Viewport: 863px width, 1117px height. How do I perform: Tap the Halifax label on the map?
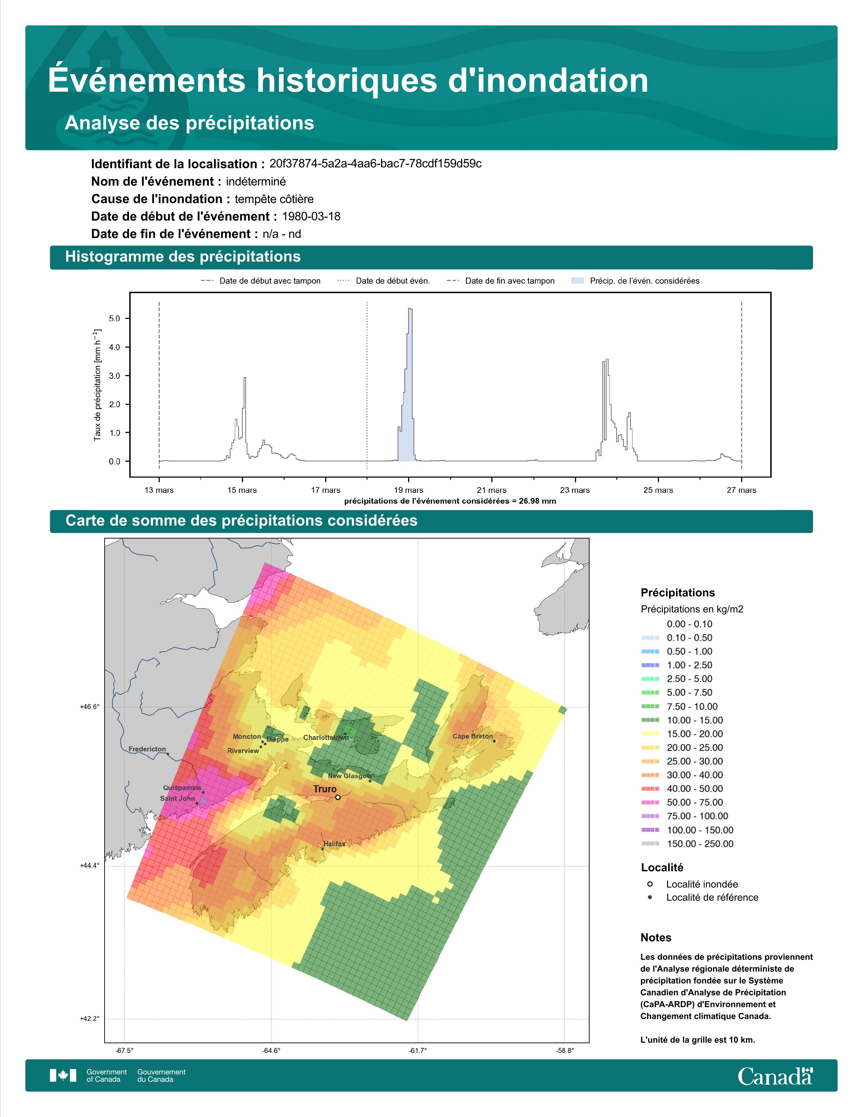coord(334,844)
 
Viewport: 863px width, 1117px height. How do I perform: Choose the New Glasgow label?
coord(350,776)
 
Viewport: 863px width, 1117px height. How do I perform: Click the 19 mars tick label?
coord(408,490)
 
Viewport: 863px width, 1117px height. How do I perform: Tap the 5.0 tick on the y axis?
coord(114,319)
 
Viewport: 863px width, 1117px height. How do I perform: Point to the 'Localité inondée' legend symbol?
coord(650,884)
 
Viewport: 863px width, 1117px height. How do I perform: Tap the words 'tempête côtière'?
coord(274,199)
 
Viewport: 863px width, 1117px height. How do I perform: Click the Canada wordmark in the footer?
coord(775,1076)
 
